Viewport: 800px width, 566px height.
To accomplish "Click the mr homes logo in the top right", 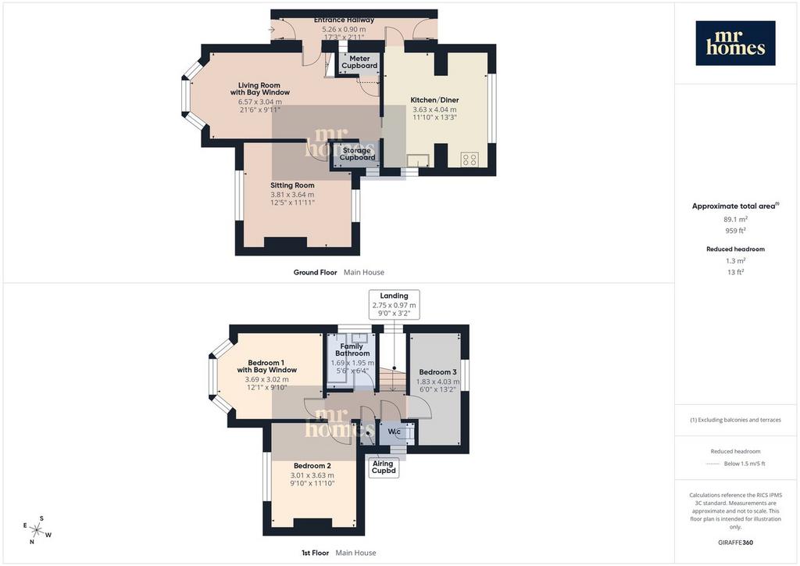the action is point(735,43).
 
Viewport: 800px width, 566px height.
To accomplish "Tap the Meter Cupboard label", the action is point(359,63).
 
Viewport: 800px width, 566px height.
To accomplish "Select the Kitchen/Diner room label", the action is point(434,100).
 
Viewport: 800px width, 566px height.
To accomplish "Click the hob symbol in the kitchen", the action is point(470,159).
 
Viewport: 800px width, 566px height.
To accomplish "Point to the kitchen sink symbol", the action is point(419,160).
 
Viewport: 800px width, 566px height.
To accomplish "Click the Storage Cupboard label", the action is point(356,154).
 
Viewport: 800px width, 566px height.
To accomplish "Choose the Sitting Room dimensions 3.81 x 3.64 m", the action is point(292,195).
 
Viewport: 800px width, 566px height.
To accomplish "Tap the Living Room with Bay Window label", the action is point(259,89).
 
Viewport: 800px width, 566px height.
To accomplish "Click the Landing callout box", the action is point(394,305).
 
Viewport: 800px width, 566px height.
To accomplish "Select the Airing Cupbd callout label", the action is point(383,467).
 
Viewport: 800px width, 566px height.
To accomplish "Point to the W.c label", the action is point(394,432).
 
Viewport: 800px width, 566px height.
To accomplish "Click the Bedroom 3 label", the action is point(437,372).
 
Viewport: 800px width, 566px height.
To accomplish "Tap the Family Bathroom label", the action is point(352,349).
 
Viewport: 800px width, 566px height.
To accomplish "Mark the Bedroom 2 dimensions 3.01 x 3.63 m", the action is point(312,475).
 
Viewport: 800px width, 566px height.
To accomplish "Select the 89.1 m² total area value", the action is point(735,219).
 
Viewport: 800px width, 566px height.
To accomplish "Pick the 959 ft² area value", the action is point(735,231).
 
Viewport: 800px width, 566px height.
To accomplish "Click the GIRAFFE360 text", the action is point(735,543).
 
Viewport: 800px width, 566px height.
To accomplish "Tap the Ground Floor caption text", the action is point(315,273).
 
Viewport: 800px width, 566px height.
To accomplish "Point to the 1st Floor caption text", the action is point(315,553).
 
